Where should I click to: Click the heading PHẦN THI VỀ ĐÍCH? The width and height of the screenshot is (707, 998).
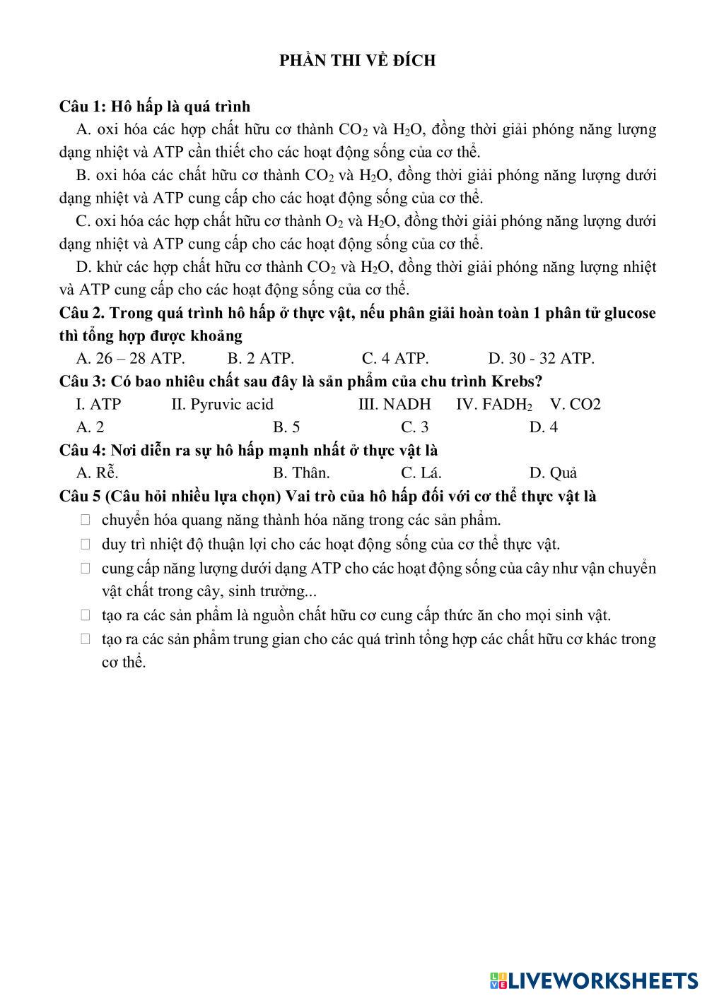click(357, 61)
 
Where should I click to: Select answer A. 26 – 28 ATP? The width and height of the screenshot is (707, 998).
click(130, 359)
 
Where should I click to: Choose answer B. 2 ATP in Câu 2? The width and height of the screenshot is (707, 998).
click(260, 359)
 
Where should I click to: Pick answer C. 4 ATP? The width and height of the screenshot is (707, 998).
click(395, 359)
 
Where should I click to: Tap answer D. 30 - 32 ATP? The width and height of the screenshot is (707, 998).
click(541, 359)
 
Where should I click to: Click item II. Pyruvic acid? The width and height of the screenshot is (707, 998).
click(222, 405)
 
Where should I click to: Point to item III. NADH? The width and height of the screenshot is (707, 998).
click(394, 405)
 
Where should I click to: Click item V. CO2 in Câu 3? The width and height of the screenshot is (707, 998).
click(575, 405)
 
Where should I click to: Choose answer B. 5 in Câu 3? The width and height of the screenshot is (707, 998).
click(286, 427)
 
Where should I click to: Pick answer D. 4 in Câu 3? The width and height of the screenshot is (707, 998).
click(543, 427)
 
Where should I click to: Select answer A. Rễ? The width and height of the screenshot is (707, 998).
click(97, 473)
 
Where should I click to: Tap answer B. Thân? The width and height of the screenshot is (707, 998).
click(301, 473)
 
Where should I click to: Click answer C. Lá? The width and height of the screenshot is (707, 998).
click(421, 473)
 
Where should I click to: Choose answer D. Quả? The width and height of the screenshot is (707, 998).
click(553, 473)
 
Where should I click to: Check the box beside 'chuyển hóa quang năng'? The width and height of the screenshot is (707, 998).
click(86, 520)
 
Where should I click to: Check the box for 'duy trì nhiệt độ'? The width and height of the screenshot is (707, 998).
click(86, 545)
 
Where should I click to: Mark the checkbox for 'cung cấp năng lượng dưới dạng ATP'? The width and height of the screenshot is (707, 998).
click(86, 568)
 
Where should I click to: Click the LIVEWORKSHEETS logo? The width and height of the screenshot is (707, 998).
click(594, 980)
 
